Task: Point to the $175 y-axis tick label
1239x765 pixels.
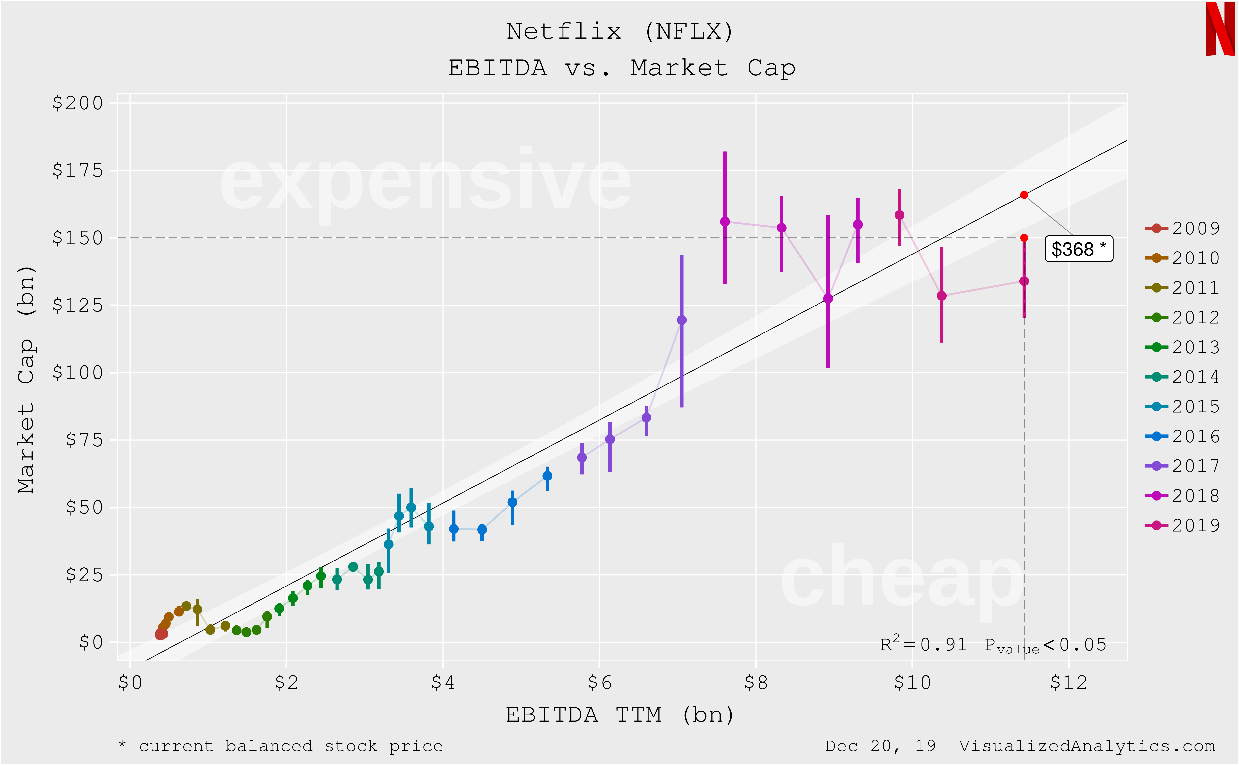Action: (78, 171)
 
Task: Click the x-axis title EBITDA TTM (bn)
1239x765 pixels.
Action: (620, 715)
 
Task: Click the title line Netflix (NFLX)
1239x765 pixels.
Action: (620, 31)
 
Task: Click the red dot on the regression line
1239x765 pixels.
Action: (1024, 195)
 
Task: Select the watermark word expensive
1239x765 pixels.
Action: (425, 182)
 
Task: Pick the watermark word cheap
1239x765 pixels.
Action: (901, 579)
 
